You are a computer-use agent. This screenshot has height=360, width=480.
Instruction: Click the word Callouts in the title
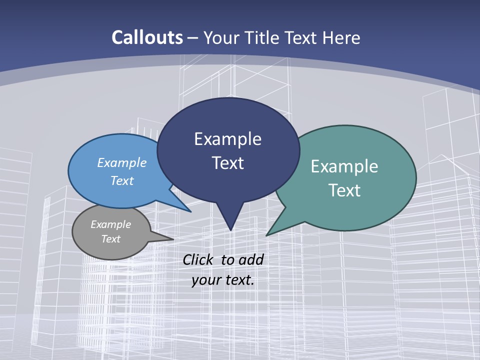tap(147, 37)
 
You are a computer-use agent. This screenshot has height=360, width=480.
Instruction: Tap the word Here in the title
tap(342, 37)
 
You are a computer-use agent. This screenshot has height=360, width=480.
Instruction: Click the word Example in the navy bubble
tap(227, 139)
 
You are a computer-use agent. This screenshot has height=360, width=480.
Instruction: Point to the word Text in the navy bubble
tap(227, 163)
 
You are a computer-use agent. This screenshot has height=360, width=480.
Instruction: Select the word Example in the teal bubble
tap(344, 166)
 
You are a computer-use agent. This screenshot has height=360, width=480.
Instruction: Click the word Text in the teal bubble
tap(344, 190)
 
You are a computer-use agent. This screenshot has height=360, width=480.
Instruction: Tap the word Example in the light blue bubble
tap(122, 162)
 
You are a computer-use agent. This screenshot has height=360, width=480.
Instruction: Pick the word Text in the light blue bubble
tap(122, 180)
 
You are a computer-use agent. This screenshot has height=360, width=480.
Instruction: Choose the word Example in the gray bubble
tap(111, 224)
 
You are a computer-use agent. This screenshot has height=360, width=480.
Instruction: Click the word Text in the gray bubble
tap(111, 239)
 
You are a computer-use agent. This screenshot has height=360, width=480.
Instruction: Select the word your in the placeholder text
tap(206, 280)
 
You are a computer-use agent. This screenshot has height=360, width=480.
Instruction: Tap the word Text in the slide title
tap(301, 37)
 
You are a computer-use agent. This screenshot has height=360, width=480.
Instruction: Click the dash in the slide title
tap(193, 38)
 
